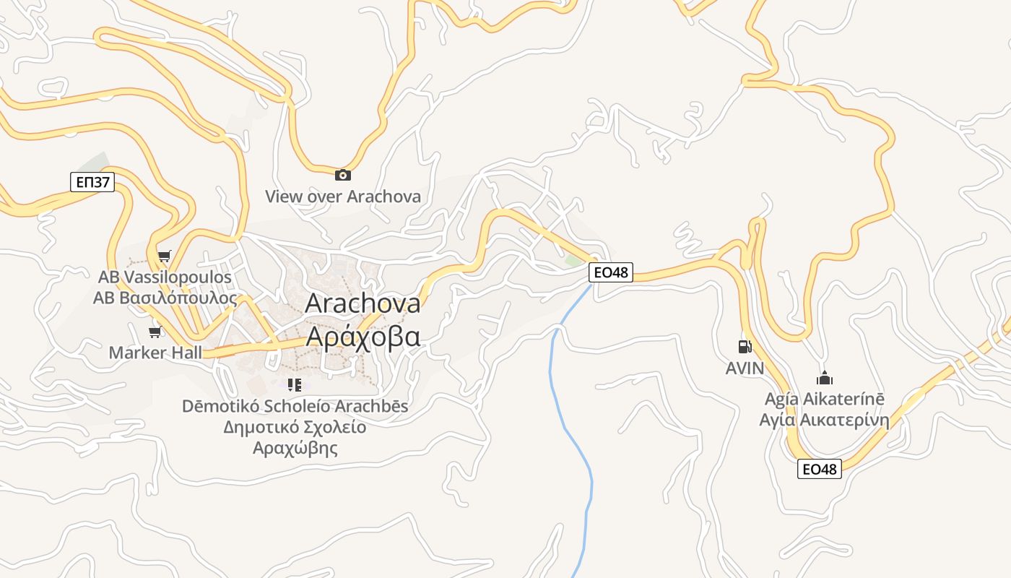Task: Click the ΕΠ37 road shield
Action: (x=93, y=181)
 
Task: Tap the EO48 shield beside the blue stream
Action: (x=611, y=272)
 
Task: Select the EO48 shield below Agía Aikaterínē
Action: (x=820, y=469)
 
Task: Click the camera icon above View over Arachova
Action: (x=343, y=175)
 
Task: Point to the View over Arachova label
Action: (x=342, y=196)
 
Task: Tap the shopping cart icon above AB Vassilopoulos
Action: (x=165, y=256)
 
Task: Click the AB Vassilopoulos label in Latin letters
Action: (x=165, y=277)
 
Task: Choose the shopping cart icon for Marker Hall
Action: (x=155, y=332)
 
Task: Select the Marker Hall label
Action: (x=155, y=353)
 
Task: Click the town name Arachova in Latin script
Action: (x=363, y=303)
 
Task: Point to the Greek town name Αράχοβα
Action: (x=363, y=337)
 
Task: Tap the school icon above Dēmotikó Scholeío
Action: (x=294, y=384)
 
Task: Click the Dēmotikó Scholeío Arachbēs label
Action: (x=295, y=406)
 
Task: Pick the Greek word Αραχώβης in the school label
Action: (x=295, y=448)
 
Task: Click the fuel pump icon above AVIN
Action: (x=745, y=347)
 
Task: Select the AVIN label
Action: (x=745, y=368)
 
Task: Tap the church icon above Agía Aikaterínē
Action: (x=824, y=378)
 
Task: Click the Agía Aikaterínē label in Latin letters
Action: (x=824, y=399)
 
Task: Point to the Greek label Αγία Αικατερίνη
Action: (x=824, y=420)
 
